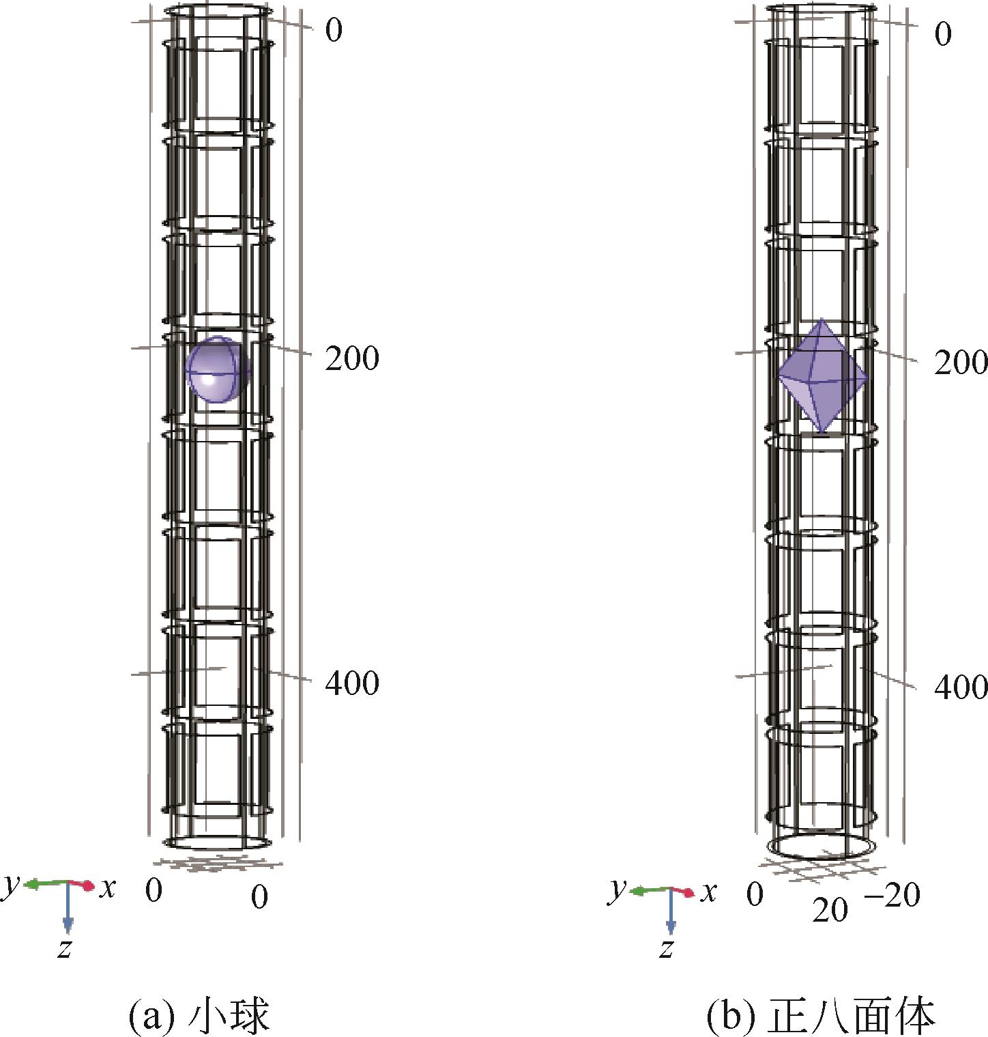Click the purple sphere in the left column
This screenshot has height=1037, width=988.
pyautogui.click(x=219, y=369)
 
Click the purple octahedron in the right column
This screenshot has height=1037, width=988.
pyautogui.click(x=823, y=375)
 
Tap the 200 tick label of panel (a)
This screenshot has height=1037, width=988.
pyautogui.click(x=352, y=358)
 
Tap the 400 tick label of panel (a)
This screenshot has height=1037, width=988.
pyautogui.click(x=352, y=683)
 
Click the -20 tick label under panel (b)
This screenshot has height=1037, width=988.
pyautogui.click(x=892, y=895)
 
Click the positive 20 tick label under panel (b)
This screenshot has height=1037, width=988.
pyautogui.click(x=830, y=910)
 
